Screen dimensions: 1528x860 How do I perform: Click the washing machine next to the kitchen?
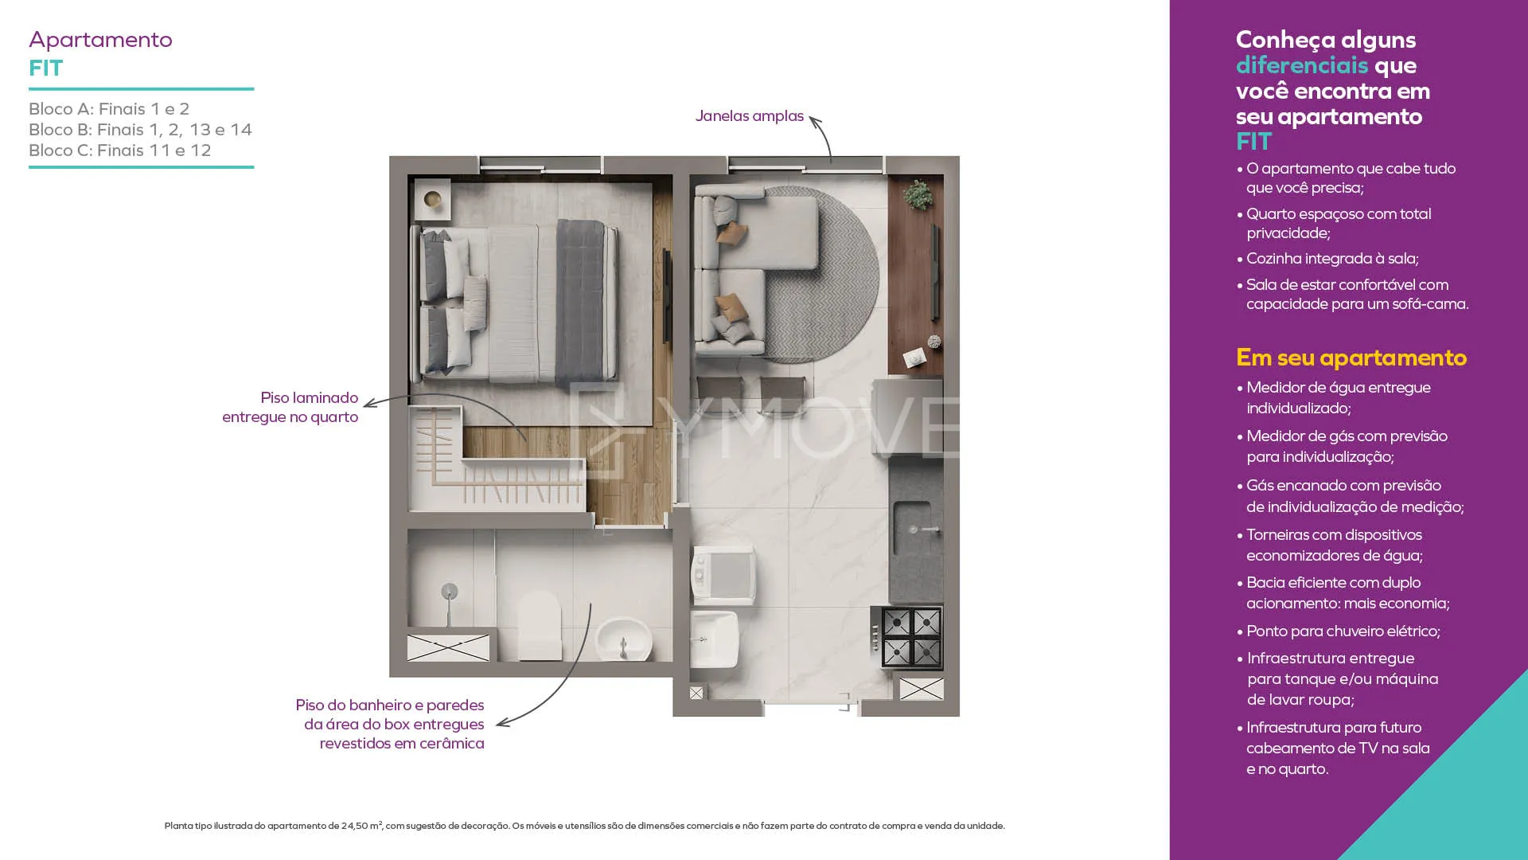(723, 573)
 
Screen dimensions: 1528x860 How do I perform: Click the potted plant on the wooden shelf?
(918, 193)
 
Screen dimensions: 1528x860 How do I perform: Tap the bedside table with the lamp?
(432, 199)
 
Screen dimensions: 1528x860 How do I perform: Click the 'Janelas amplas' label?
(750, 116)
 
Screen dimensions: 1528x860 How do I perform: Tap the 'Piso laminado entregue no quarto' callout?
(290, 407)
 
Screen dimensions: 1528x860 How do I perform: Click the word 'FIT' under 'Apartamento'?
(46, 68)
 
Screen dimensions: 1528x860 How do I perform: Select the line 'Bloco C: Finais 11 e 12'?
(120, 150)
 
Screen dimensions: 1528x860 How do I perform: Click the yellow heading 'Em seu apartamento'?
(1351, 358)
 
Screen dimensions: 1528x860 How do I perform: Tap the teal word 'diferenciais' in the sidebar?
(1302, 65)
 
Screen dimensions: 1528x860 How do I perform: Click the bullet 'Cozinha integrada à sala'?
(1327, 259)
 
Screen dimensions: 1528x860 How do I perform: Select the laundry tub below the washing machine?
(714, 639)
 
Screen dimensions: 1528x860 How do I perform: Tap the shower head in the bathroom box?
(450, 592)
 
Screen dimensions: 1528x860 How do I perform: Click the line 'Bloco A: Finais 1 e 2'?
(109, 109)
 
